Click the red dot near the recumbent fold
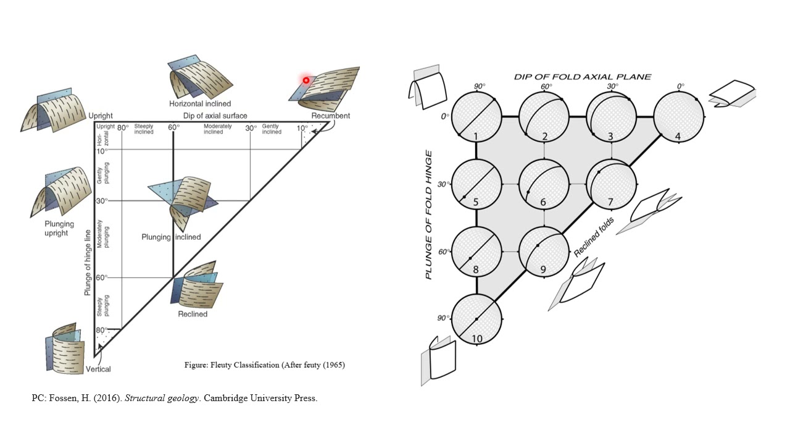[x=306, y=80]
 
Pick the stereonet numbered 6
[x=544, y=184]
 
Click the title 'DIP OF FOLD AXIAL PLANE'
[x=583, y=77]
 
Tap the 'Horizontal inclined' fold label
[x=200, y=104]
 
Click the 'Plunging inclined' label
[x=171, y=237]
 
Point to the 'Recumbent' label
[x=330, y=116]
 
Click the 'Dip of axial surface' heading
[x=215, y=116]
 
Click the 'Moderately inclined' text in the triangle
[x=214, y=129]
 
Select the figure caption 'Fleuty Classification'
[x=264, y=365]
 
